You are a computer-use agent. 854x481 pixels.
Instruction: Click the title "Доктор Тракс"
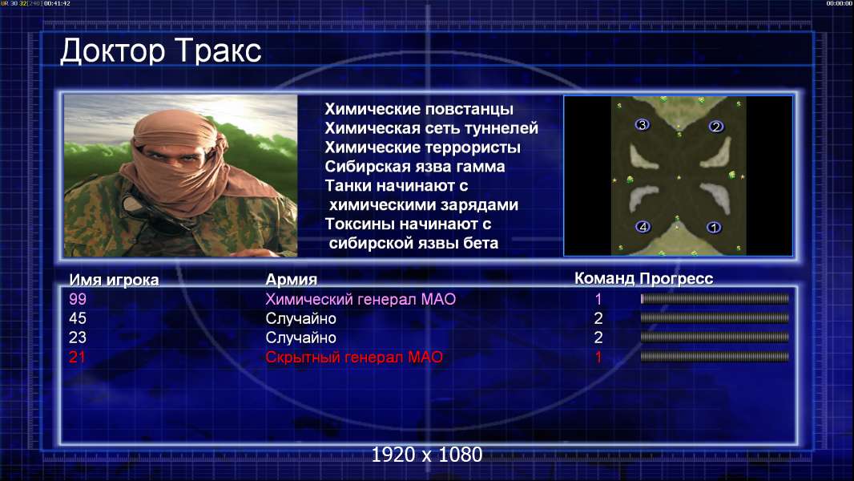161,51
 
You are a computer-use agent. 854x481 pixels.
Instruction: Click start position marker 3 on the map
643,125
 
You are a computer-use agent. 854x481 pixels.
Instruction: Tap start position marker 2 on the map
715,127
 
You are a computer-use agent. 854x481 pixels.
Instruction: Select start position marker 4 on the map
643,227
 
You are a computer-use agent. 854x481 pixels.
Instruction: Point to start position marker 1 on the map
714,227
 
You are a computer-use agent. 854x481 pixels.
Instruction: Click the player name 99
78,299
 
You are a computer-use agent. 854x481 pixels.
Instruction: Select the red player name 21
78,358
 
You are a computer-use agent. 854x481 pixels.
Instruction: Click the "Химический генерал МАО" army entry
361,299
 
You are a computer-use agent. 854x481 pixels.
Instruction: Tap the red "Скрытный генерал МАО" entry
354,358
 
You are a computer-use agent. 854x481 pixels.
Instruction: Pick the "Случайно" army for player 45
300,319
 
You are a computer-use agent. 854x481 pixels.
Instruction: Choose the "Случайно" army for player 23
300,338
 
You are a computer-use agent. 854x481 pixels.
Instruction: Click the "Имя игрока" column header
114,280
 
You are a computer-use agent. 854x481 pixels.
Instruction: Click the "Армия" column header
292,280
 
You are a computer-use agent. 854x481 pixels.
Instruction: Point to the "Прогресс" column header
676,279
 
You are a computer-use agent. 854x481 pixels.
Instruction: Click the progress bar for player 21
715,357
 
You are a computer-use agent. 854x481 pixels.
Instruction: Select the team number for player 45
598,318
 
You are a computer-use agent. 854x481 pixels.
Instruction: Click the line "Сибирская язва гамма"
415,167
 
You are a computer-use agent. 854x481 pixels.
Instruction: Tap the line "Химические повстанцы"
419,109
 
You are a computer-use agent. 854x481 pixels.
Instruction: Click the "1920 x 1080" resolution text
427,455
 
